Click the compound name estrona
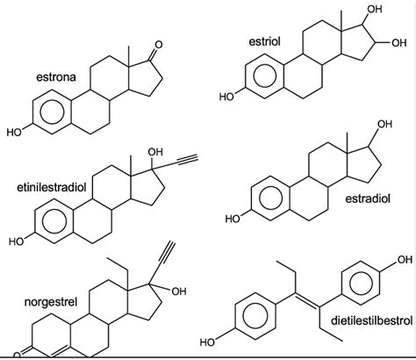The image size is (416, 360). coord(56,77)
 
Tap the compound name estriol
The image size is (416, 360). coord(264,42)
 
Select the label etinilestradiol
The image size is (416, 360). coord(52,187)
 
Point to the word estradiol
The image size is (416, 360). coord(368,198)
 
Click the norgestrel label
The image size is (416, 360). coord(51,302)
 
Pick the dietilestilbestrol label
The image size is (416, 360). coord(371,320)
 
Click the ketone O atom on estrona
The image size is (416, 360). coord(159,45)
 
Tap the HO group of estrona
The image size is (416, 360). coord(14,133)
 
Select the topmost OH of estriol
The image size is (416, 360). coord(375,10)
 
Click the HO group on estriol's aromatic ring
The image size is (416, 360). coord(227,97)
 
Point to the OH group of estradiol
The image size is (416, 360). coord(384,124)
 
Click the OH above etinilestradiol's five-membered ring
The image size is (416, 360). coord(155,152)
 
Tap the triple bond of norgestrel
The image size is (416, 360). coord(167,251)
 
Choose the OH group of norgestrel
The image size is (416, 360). coord(179,292)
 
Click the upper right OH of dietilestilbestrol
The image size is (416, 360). coord(404,260)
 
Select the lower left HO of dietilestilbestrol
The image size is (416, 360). coord(208,342)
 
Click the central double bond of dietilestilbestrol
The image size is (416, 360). coord(307,299)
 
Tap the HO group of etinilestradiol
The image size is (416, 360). coord(17,241)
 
